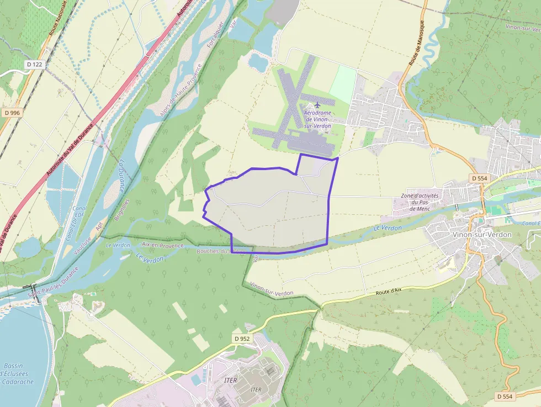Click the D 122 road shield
pos(34,64)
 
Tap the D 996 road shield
pos(12,113)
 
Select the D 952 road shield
pos(242,339)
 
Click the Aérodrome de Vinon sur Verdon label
pos(318,119)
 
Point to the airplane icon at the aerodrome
pos(317,104)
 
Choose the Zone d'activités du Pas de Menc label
pos(420,202)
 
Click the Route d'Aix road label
pos(388,293)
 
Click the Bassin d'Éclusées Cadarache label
pos(18,374)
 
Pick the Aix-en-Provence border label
pos(163,245)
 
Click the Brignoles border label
pos(122,210)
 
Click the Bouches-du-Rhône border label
pos(219,251)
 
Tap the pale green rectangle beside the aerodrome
pos(343,84)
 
